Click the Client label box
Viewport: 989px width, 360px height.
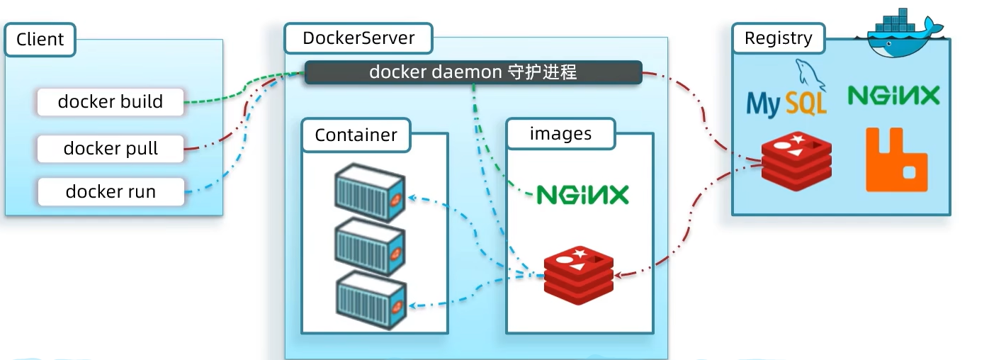(40, 40)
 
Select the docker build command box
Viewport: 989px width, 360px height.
(111, 102)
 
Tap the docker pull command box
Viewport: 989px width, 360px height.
(111, 149)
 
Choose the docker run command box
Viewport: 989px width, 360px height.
(111, 192)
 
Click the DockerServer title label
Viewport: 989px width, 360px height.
(358, 38)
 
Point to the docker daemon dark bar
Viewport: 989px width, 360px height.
(473, 73)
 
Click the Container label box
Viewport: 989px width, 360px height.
(356, 135)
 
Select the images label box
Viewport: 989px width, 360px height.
(560, 134)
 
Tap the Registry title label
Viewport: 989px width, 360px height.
(779, 38)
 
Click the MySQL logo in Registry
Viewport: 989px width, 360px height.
(786, 92)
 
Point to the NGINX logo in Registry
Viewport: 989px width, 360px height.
(893, 95)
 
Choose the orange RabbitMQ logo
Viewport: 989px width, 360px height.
(896, 160)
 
